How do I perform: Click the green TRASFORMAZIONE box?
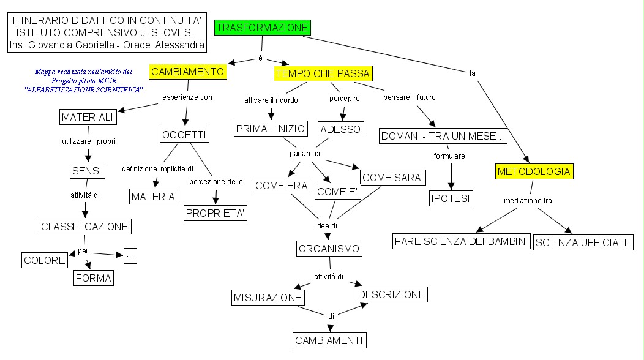[262, 28]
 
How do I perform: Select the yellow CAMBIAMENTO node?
[187, 72]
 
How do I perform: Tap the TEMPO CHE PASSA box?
[323, 74]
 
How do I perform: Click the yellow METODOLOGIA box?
[534, 171]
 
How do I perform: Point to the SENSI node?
[85, 170]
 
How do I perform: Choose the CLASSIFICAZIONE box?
[85, 227]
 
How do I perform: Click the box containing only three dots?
[130, 255]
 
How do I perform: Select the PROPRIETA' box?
[215, 212]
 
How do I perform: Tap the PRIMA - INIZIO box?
[269, 129]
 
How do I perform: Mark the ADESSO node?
[341, 129]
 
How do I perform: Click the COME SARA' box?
[393, 178]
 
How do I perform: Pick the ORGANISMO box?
[329, 249]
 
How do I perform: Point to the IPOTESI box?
[451, 198]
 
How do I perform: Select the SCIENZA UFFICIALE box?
[583, 242]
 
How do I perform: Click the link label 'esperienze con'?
[187, 97]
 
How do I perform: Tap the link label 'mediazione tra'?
[523, 200]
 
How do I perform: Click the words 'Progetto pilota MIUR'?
[84, 80]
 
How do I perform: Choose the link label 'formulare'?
[449, 156]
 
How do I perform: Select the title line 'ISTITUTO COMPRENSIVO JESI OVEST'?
[107, 32]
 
